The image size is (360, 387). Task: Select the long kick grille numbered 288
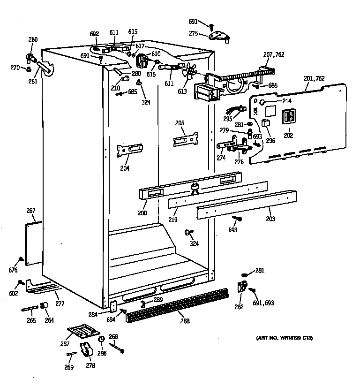coord(177,306)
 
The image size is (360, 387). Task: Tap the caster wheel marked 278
coord(86,349)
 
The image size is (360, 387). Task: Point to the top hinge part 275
coord(218,37)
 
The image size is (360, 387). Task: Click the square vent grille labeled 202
coord(288,117)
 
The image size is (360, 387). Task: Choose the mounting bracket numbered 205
coord(186,139)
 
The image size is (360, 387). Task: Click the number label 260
coord(33,39)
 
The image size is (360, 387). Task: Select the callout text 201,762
coord(314,78)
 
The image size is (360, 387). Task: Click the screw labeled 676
coord(21,259)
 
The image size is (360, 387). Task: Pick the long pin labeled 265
coord(30,309)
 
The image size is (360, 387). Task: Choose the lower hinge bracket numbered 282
coord(242,287)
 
